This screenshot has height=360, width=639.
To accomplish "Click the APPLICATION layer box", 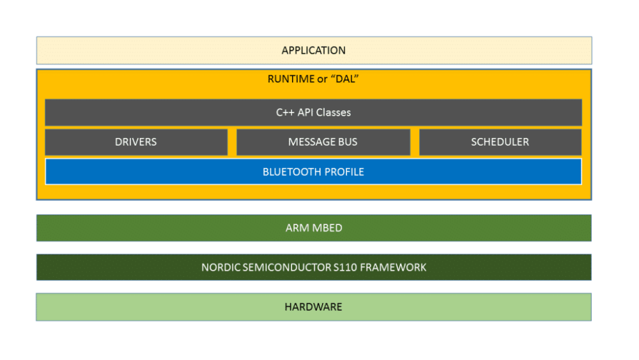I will click(x=314, y=51).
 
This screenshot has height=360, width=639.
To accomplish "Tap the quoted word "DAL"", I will click(x=345, y=80).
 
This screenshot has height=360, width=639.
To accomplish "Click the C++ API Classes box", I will click(x=314, y=113).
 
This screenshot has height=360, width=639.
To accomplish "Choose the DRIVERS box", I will click(x=136, y=142).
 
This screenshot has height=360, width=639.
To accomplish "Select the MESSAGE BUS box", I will click(x=323, y=142).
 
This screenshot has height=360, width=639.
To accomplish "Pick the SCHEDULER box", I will click(x=500, y=142).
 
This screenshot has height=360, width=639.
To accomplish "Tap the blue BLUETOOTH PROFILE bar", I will click(x=314, y=172).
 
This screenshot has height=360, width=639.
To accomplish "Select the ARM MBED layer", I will click(x=314, y=228).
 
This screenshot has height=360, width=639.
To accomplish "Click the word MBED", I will click(x=328, y=228).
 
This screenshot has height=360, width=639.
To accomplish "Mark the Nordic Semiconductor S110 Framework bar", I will click(x=314, y=267).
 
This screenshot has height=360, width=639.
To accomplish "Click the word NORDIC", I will click(x=219, y=267).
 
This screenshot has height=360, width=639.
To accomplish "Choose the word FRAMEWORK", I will click(x=394, y=267).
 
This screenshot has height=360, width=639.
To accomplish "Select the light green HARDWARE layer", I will click(x=314, y=307).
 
